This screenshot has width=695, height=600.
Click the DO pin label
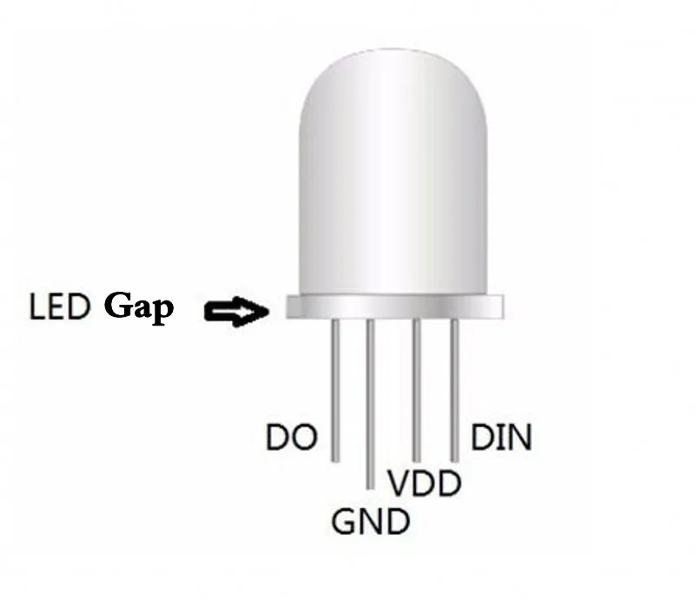292,438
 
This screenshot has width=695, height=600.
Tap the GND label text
370,521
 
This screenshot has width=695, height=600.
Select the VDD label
424,483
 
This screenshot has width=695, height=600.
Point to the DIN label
501,438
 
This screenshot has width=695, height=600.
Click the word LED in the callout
60,307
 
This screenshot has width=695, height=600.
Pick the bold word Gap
139,307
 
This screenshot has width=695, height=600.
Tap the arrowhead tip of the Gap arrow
267,310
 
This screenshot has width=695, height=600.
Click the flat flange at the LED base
395,306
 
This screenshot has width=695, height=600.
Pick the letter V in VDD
398,483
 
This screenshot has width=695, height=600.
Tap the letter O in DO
304,438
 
